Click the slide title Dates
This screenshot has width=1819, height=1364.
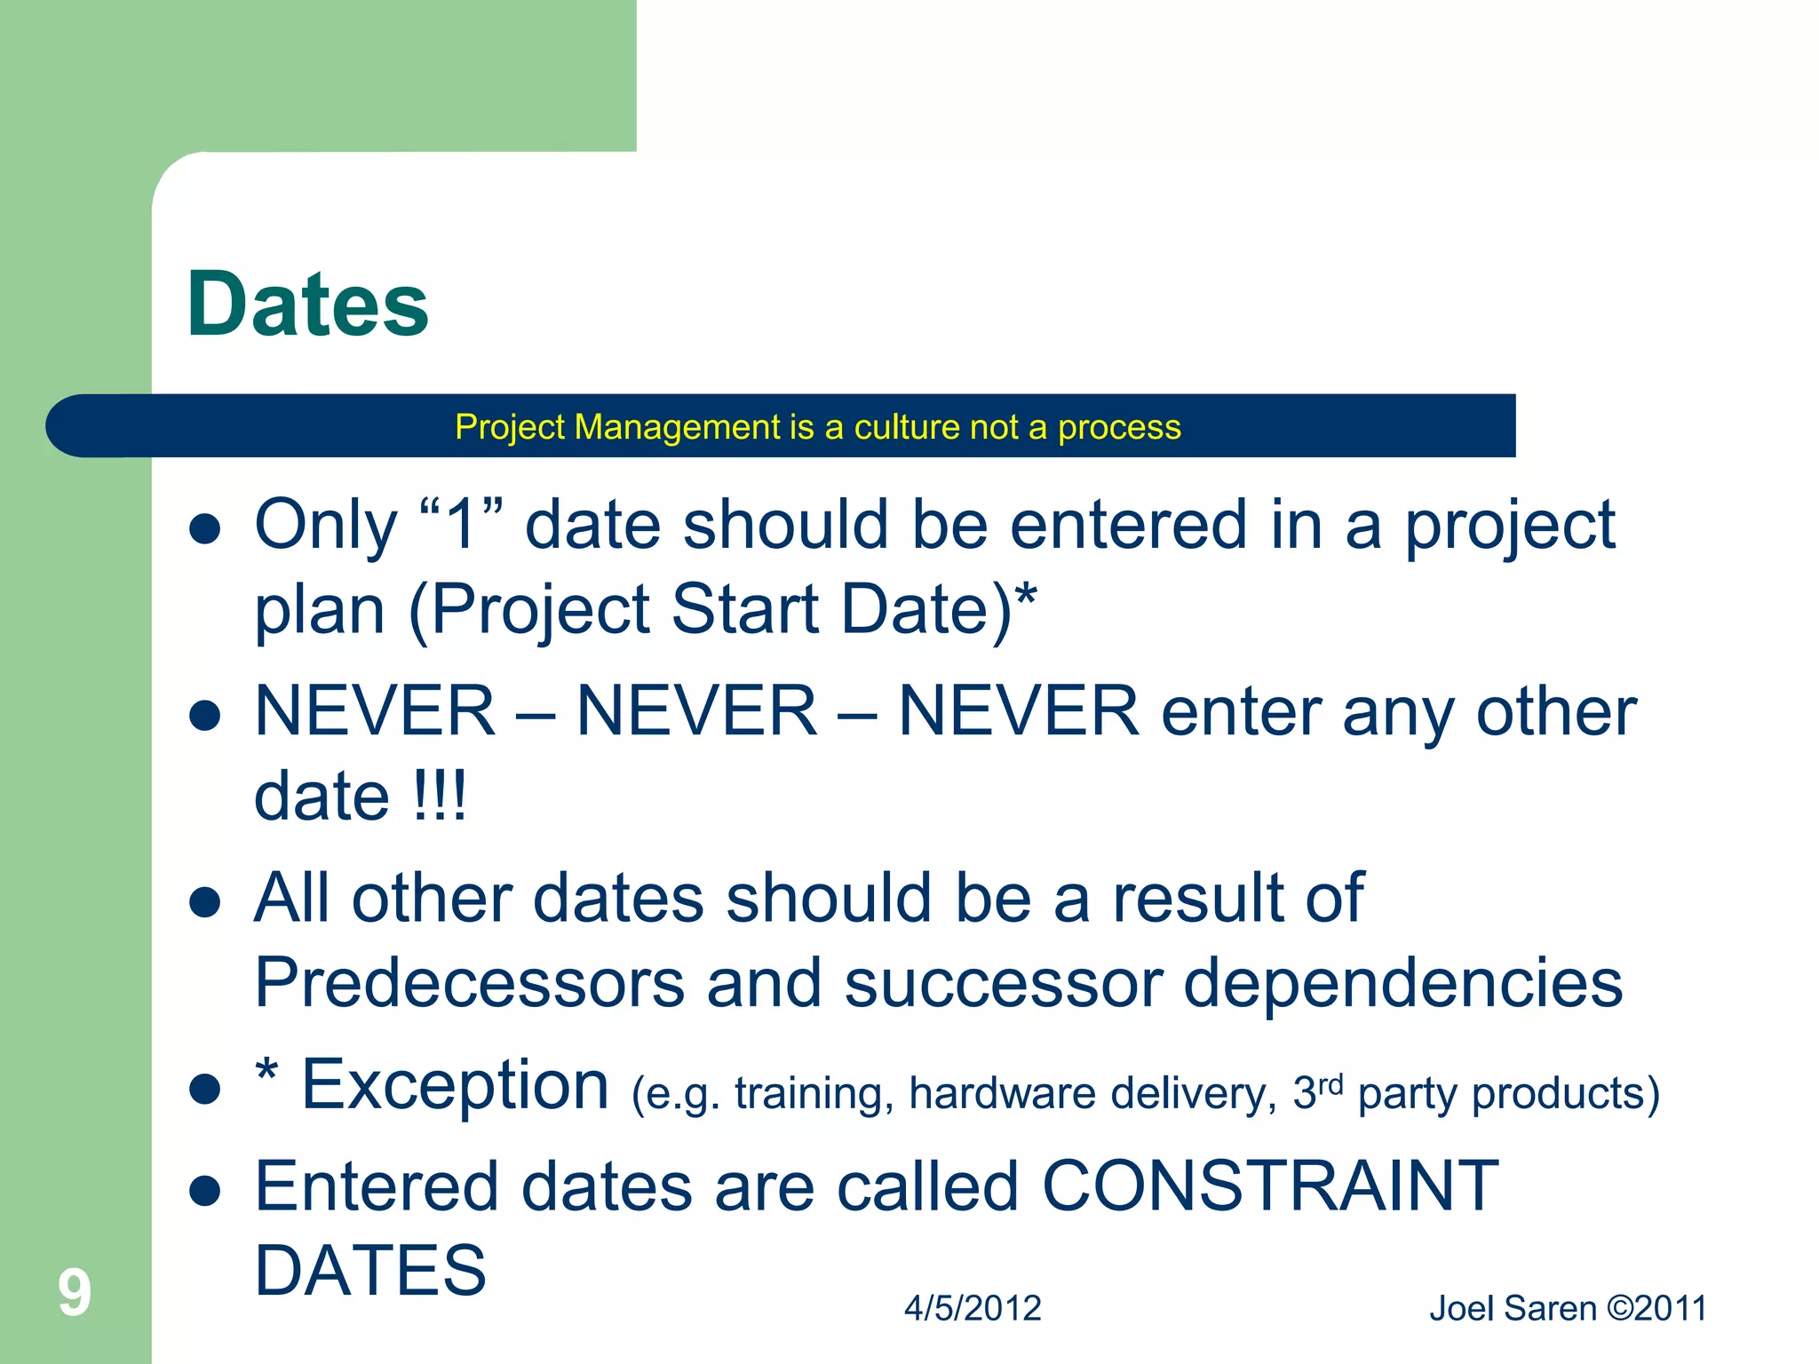(x=307, y=305)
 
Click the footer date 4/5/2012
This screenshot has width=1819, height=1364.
(x=973, y=1308)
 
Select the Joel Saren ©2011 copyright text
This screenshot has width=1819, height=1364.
(x=1568, y=1308)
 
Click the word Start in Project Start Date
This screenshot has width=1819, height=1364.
(x=744, y=610)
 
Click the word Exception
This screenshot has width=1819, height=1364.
(x=455, y=1085)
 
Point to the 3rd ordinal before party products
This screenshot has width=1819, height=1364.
(x=1317, y=1090)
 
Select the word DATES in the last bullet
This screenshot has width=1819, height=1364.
(x=370, y=1270)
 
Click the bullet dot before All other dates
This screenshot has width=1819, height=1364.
(x=205, y=902)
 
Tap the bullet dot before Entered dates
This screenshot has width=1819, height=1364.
(x=205, y=1191)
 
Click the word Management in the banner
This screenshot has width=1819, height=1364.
(x=678, y=427)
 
